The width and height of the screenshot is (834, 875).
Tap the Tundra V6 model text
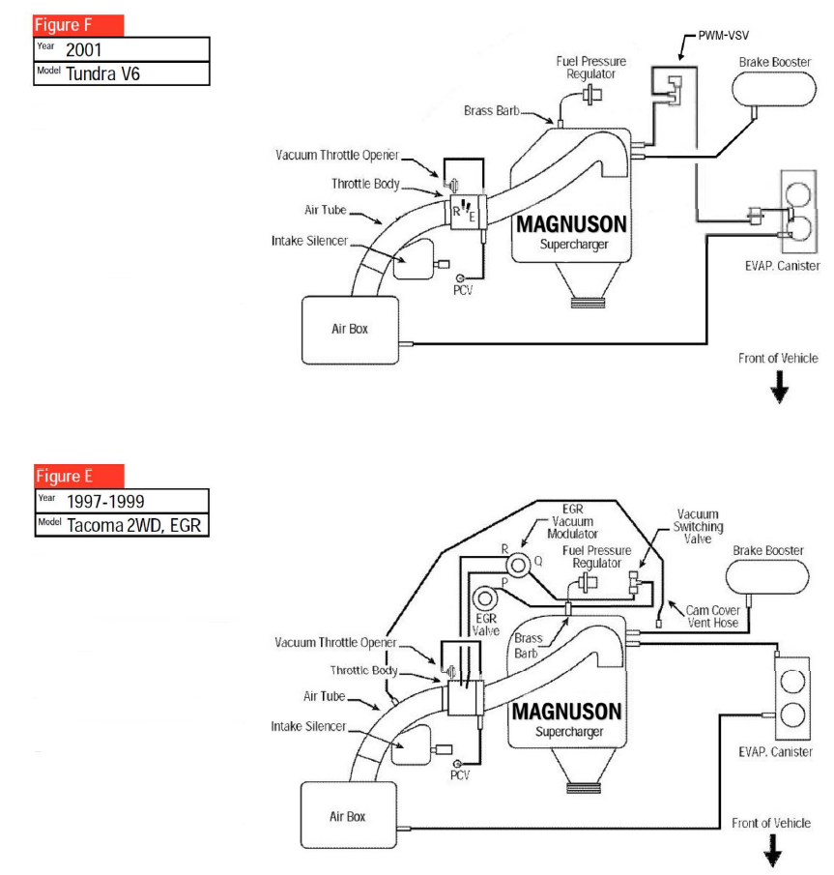pyautogui.click(x=103, y=73)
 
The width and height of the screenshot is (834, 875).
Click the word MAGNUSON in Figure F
pyautogui.click(x=570, y=225)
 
